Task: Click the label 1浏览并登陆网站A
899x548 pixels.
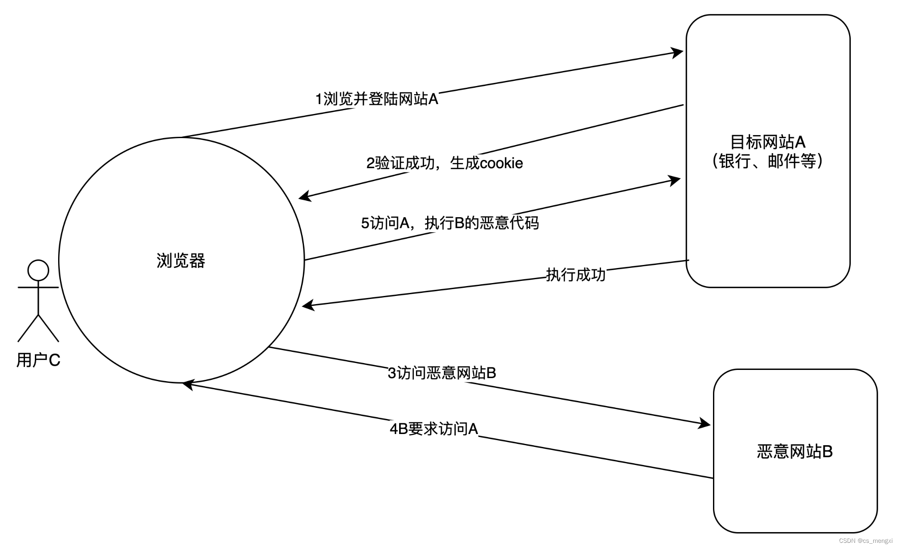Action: pyautogui.click(x=377, y=99)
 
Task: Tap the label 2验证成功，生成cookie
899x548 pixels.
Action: pyautogui.click(x=444, y=163)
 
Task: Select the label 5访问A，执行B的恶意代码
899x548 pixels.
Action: pyautogui.click(x=449, y=223)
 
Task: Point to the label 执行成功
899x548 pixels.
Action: pyautogui.click(x=576, y=275)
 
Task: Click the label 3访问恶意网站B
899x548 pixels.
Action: pyautogui.click(x=442, y=373)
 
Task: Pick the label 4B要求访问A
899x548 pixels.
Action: pyautogui.click(x=434, y=429)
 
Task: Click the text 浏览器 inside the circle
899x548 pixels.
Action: pyautogui.click(x=181, y=261)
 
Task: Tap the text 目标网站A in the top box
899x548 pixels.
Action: pyautogui.click(x=768, y=142)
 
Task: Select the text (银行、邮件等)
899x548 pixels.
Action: pyautogui.click(x=768, y=161)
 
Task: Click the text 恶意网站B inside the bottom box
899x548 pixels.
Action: pyautogui.click(x=795, y=452)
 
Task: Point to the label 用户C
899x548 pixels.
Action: pyautogui.click(x=38, y=360)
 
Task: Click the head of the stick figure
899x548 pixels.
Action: pyautogui.click(x=38, y=270)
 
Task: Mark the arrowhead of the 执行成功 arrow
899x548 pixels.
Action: pyautogui.click(x=308, y=305)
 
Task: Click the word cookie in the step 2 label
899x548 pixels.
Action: pyautogui.click(x=501, y=163)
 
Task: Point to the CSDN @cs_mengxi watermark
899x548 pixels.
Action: pyautogui.click(x=865, y=541)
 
